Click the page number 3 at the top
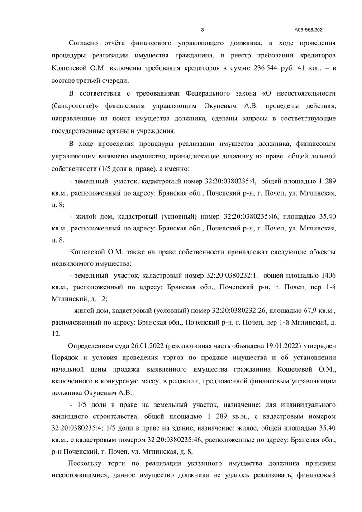tap(202, 30)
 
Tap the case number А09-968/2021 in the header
tap(310, 30)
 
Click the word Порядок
tap(65, 358)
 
